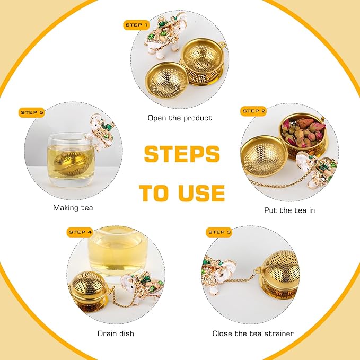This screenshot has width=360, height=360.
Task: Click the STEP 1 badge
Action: click(136, 25)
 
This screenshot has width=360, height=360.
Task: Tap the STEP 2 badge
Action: click(253, 111)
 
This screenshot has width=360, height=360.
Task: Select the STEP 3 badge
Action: click(219, 232)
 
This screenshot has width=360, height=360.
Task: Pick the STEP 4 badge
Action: click(80, 232)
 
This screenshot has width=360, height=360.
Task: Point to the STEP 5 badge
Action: click(32, 112)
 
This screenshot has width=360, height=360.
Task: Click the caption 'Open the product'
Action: click(180, 118)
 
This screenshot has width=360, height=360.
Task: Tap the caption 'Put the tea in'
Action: click(289, 210)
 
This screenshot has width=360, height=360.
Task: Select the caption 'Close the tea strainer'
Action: click(253, 333)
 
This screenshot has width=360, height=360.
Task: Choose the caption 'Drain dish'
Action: click(116, 333)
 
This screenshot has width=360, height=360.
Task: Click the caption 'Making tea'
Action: click(73, 208)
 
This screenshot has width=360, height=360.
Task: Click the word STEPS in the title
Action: click(182, 154)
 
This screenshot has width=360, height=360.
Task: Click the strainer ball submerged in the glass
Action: click(71, 163)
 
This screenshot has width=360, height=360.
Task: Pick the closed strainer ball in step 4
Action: click(89, 291)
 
